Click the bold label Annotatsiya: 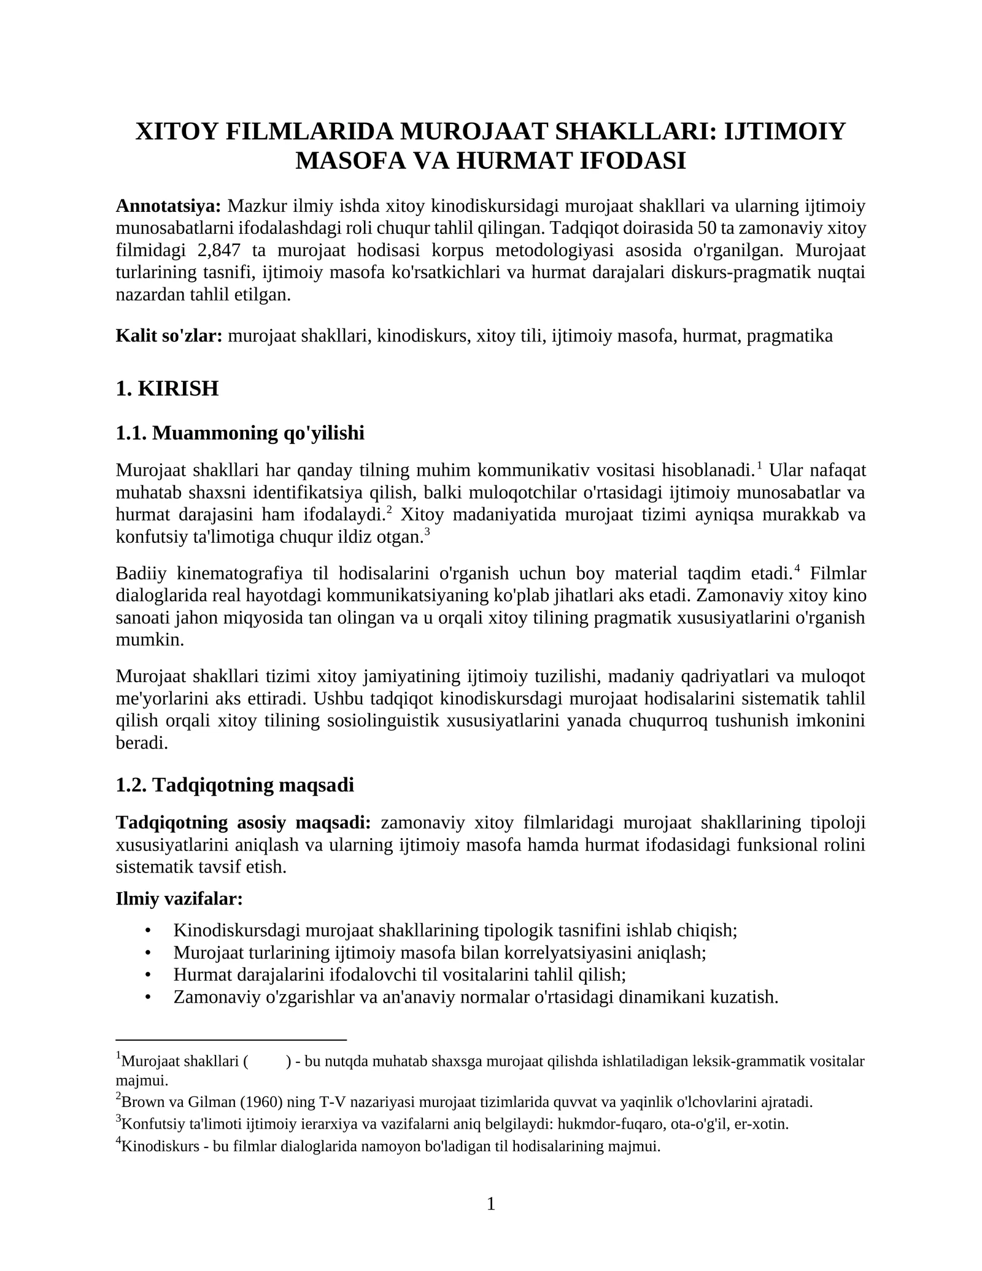pyautogui.click(x=168, y=206)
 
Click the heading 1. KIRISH pyautogui.click(x=167, y=388)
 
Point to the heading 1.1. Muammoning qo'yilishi pyautogui.click(x=240, y=433)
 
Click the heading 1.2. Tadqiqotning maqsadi pyautogui.click(x=234, y=785)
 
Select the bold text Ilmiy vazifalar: pyautogui.click(x=179, y=899)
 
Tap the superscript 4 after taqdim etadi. pyautogui.click(x=797, y=569)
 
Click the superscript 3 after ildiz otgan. pyautogui.click(x=427, y=532)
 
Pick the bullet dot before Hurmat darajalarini pyautogui.click(x=147, y=975)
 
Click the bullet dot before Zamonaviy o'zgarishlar pyautogui.click(x=147, y=997)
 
